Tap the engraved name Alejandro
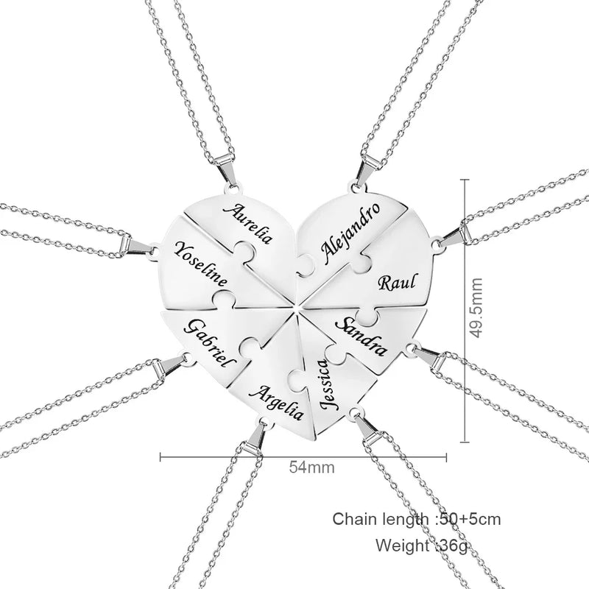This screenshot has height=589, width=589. pyautogui.click(x=350, y=231)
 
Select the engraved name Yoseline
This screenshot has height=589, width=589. pyautogui.click(x=201, y=264)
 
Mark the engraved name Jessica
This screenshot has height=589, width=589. pyautogui.click(x=325, y=384)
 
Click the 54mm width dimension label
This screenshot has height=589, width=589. pyautogui.click(x=311, y=468)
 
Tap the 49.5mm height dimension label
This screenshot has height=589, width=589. pyautogui.click(x=476, y=308)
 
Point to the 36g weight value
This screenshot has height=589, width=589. pyautogui.click(x=454, y=546)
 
